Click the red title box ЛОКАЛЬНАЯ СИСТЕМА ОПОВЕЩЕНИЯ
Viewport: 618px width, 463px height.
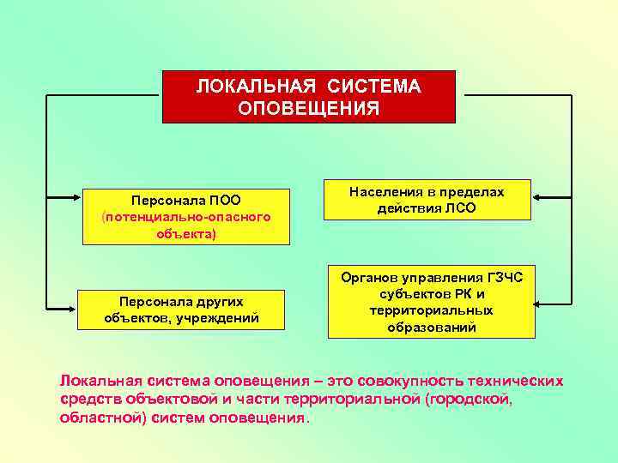coord(309,98)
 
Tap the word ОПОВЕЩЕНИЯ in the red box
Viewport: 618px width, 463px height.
coord(309,109)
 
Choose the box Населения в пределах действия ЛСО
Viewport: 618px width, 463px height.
coord(427,201)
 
